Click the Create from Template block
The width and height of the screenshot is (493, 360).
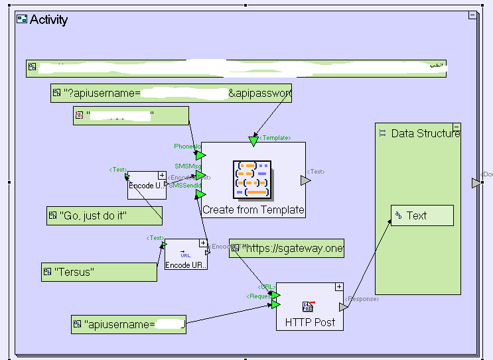pos(253,210)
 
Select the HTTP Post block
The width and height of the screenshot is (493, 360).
pos(310,322)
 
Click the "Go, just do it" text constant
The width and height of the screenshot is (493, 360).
pos(104,215)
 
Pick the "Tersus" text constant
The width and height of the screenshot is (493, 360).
pos(99,272)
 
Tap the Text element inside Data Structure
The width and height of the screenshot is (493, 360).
pos(422,215)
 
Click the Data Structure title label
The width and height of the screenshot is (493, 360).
pos(425,133)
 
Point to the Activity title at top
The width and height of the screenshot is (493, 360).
pos(48,19)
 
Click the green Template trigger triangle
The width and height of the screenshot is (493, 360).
pos(253,141)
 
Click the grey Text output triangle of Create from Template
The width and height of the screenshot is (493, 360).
pos(305,180)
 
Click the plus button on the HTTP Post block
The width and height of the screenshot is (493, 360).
pos(339,287)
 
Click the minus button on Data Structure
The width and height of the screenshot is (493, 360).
pos(457,127)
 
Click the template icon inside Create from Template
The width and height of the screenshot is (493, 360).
pos(252,179)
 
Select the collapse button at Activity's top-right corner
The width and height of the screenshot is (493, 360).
pos(472,15)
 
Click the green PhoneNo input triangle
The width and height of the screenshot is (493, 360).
pos(200,155)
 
